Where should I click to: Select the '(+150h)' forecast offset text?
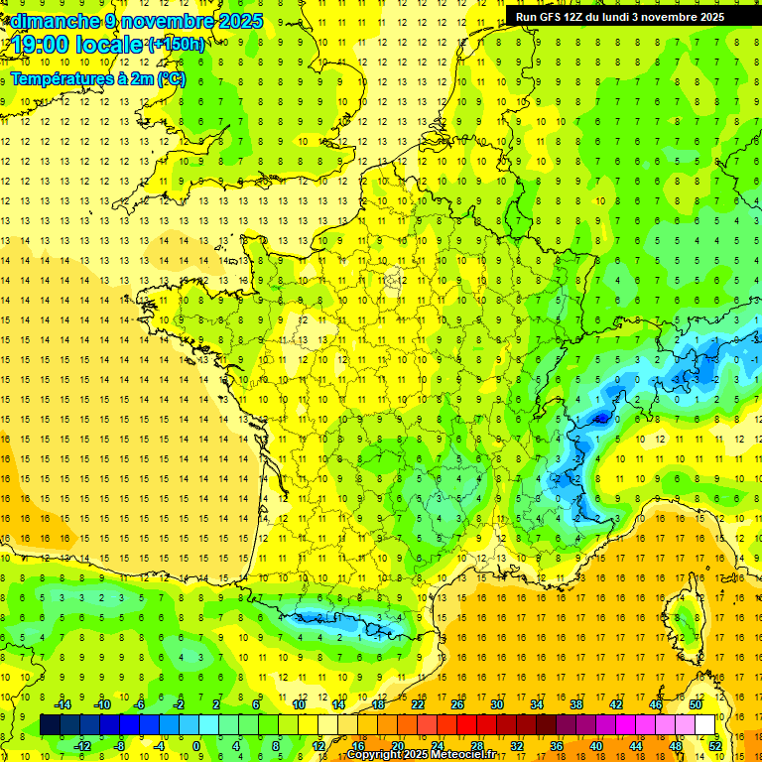pyautogui.click(x=176, y=45)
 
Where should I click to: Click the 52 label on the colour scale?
pyautogui.click(x=715, y=745)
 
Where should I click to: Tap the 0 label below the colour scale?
pyautogui.click(x=196, y=745)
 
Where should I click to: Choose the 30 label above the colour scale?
pyautogui.click(x=497, y=704)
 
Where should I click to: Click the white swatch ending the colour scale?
pyautogui.click(x=705, y=725)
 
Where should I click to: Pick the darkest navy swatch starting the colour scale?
pyautogui.click(x=50, y=725)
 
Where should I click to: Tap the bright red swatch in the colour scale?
pyautogui.click(x=466, y=725)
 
